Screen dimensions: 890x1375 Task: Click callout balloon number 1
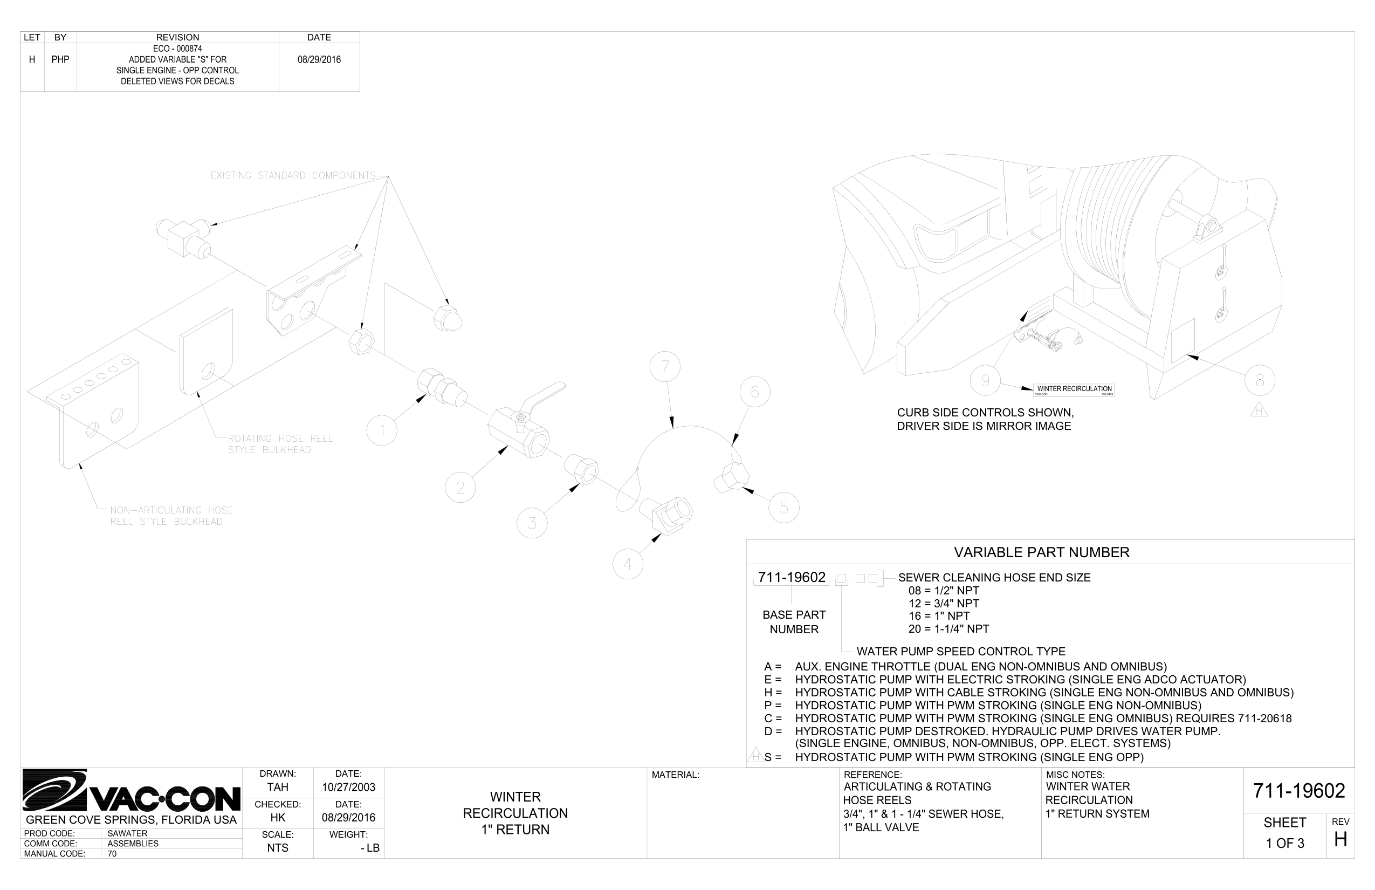point(382,430)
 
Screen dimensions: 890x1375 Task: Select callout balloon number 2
point(460,487)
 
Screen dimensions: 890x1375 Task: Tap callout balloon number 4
point(628,564)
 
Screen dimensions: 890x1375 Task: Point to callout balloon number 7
point(664,366)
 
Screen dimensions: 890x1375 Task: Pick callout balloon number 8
point(1260,380)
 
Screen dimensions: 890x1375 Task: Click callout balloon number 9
point(985,380)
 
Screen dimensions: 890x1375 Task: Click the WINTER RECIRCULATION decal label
point(1074,390)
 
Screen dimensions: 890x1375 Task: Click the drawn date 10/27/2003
point(348,787)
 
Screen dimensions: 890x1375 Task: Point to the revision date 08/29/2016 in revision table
point(319,59)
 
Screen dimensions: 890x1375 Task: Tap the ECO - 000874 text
point(177,49)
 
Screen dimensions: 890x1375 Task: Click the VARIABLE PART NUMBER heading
point(1041,552)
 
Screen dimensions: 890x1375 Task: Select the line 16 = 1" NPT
point(939,616)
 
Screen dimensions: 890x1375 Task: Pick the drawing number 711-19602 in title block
point(1299,791)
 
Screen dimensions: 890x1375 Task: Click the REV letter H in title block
point(1340,839)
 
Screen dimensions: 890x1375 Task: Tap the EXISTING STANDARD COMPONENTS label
point(292,176)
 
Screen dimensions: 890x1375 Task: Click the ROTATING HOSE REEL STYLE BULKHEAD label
point(280,444)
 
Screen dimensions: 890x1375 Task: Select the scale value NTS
point(277,848)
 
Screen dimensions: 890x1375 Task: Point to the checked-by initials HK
point(277,817)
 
